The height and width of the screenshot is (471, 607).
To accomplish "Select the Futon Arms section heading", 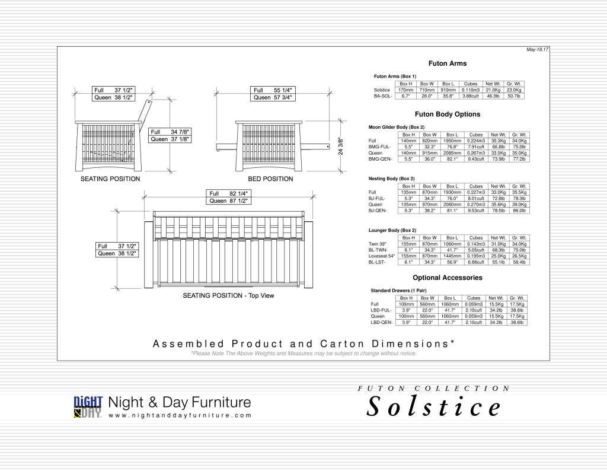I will [x=448, y=63].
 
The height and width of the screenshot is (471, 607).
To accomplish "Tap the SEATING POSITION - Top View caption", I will [x=228, y=295].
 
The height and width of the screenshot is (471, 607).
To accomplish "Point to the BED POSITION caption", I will [x=270, y=179].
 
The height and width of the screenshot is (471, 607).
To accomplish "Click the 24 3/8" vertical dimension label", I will [x=340, y=143].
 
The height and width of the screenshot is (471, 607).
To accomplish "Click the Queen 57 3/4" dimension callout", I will [x=273, y=97].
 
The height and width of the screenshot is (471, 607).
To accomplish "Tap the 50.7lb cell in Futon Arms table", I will [x=513, y=96].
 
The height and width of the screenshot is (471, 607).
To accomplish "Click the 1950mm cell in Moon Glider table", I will [x=452, y=141].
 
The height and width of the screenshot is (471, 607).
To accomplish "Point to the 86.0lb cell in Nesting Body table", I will [x=519, y=210].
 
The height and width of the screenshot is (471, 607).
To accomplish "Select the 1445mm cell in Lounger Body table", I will [x=452, y=256].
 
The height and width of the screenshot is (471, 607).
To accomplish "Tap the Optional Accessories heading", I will [x=448, y=278].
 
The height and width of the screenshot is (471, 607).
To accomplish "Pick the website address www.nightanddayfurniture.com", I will [x=180, y=415].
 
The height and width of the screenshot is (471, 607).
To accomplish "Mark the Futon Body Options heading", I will [x=448, y=114].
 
